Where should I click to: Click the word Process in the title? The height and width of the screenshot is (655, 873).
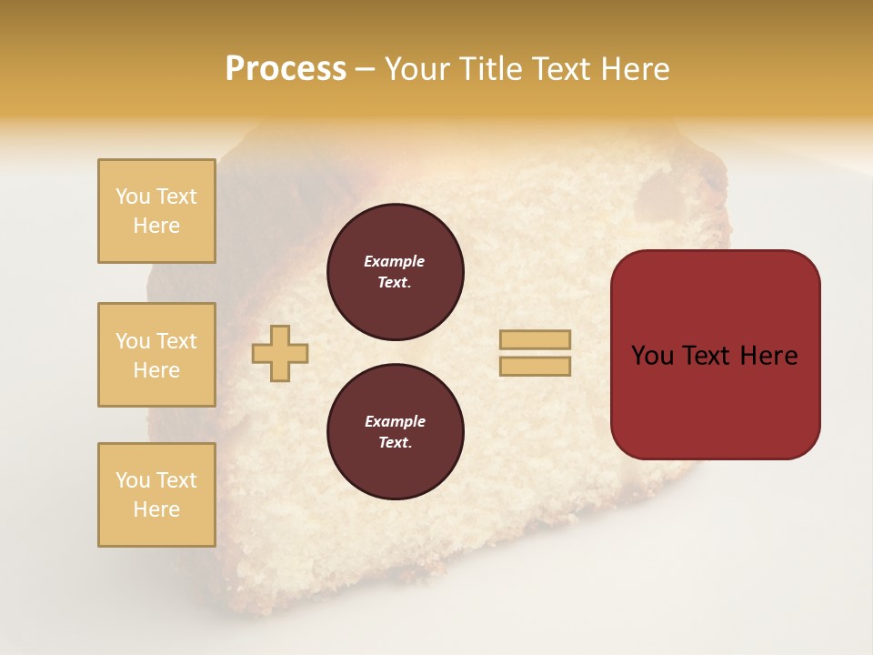[x=286, y=69]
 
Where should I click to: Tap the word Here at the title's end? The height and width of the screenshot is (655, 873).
[x=634, y=69]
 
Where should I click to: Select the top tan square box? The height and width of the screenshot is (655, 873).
[x=156, y=211]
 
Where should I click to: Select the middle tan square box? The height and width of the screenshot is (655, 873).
[x=156, y=355]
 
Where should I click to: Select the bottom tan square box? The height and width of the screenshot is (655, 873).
[x=156, y=495]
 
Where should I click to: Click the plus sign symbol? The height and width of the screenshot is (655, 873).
[x=280, y=353]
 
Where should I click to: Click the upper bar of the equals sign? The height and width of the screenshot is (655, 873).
[x=535, y=339]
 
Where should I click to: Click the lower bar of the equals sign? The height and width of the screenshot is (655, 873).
[x=535, y=366]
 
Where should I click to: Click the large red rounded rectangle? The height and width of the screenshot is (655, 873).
[x=715, y=400]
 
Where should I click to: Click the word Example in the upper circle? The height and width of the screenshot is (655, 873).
[x=395, y=261]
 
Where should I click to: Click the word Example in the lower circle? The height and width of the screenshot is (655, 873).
[x=395, y=421]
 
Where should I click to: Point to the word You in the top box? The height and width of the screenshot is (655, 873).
[x=133, y=196]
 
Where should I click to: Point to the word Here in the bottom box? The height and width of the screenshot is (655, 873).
[x=156, y=509]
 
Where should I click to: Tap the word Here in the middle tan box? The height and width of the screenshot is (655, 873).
[x=156, y=370]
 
